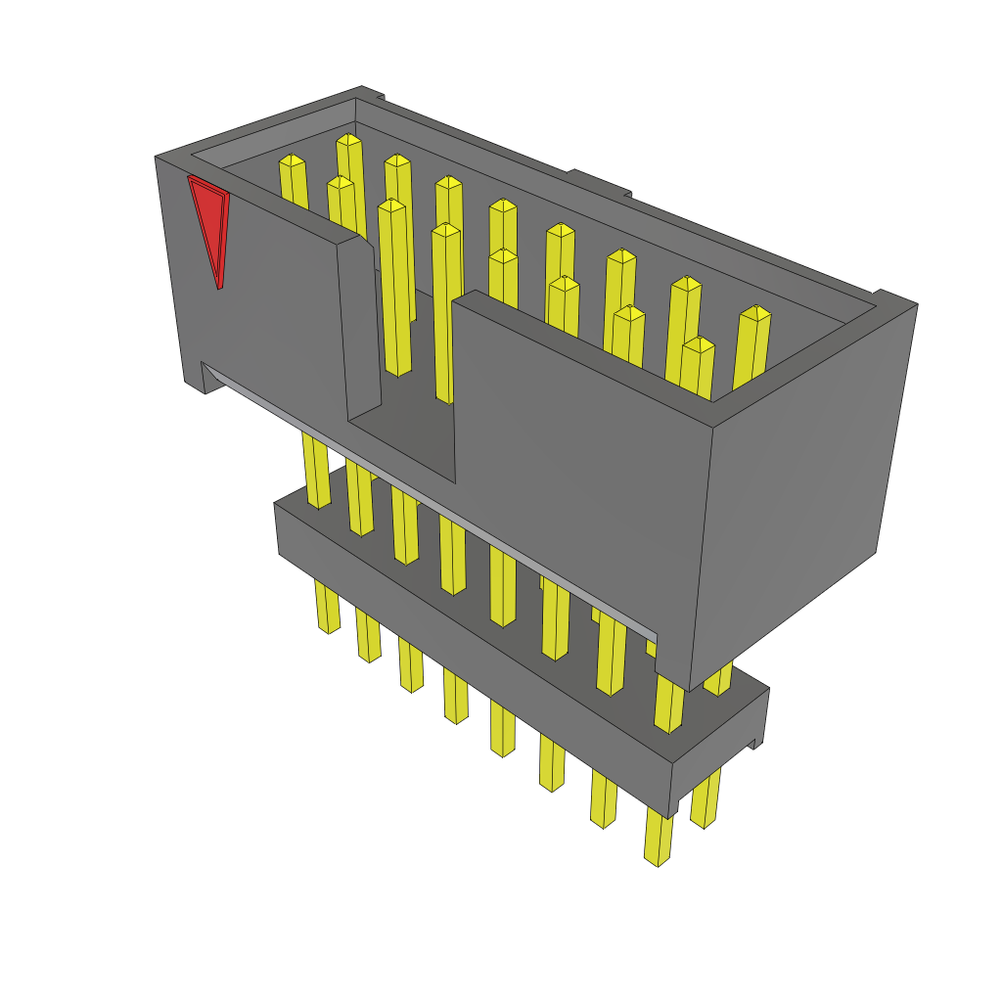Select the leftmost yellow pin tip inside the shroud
coord(293,162)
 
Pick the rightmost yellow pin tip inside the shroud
coord(754,315)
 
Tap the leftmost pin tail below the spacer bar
coord(328,607)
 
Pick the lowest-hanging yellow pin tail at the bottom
coord(659,842)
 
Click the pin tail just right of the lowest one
coord(705,797)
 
